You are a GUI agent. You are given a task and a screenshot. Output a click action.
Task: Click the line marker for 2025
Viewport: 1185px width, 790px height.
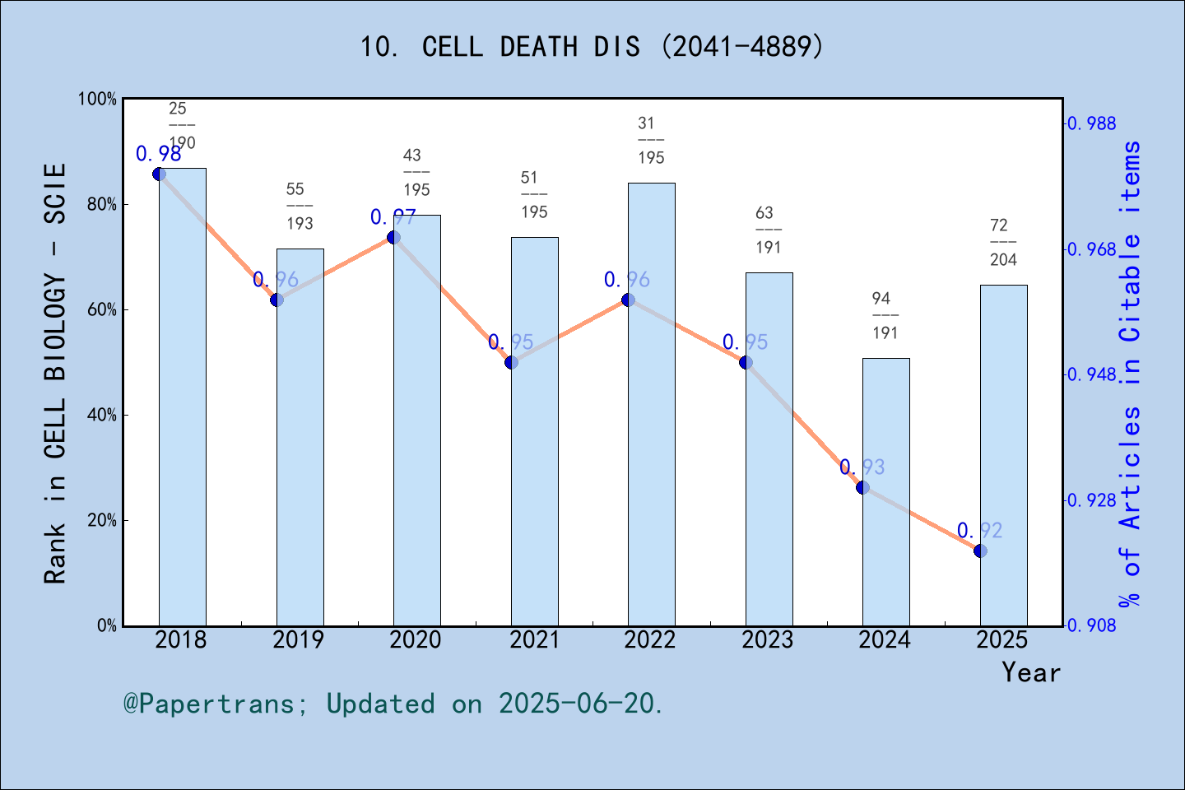click(x=980, y=551)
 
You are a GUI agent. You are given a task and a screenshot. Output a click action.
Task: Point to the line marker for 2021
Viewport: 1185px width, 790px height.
click(x=511, y=362)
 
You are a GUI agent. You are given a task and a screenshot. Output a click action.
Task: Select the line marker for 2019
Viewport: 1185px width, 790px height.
click(x=276, y=300)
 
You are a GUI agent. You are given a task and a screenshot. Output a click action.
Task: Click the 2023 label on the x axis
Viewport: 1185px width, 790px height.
click(x=768, y=639)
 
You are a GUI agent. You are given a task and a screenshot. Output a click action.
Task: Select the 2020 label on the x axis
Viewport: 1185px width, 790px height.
click(x=416, y=639)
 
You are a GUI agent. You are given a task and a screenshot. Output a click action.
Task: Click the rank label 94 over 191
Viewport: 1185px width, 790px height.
click(x=885, y=315)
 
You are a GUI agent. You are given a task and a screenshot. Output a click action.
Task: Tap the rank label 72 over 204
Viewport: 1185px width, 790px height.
click(x=1002, y=242)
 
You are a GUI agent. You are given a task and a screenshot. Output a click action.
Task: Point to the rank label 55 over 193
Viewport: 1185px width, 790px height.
click(x=300, y=206)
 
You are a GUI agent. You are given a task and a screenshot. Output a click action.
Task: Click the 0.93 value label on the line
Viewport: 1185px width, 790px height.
click(x=862, y=467)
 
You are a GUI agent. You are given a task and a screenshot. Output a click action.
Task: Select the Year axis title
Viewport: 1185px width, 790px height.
click(x=1031, y=672)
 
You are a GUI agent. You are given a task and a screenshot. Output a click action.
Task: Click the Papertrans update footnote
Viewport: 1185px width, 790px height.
click(x=393, y=704)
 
